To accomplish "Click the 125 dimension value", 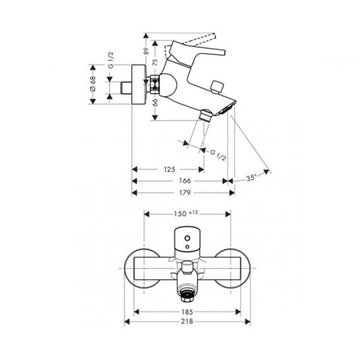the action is (x=169, y=169).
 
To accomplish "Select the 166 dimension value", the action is (x=185, y=181).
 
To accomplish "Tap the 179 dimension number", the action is (x=185, y=193).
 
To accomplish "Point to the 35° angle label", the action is (x=251, y=177).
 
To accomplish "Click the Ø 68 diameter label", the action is (x=93, y=84).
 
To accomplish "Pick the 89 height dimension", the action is (x=146, y=51).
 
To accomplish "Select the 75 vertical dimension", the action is (x=155, y=63).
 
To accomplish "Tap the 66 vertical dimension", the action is (x=155, y=103).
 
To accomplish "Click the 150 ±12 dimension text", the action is (x=186, y=214).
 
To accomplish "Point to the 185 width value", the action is (x=187, y=312).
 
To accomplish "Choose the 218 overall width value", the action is (x=187, y=322).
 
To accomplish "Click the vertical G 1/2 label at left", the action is (x=111, y=60).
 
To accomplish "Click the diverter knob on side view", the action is (x=217, y=87).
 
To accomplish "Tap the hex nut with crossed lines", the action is (x=155, y=84).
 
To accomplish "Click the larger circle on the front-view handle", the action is (x=188, y=238).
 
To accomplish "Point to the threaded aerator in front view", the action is (x=187, y=296).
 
